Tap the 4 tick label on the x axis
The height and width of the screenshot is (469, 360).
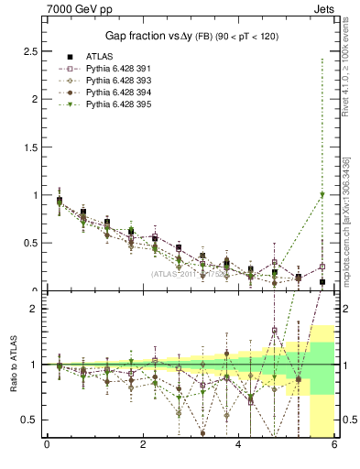click(x=238, y=445)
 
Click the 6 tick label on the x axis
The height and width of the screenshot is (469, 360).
click(x=334, y=445)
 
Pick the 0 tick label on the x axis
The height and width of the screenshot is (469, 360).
click(x=47, y=445)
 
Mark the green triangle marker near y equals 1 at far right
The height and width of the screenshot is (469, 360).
click(x=322, y=194)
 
